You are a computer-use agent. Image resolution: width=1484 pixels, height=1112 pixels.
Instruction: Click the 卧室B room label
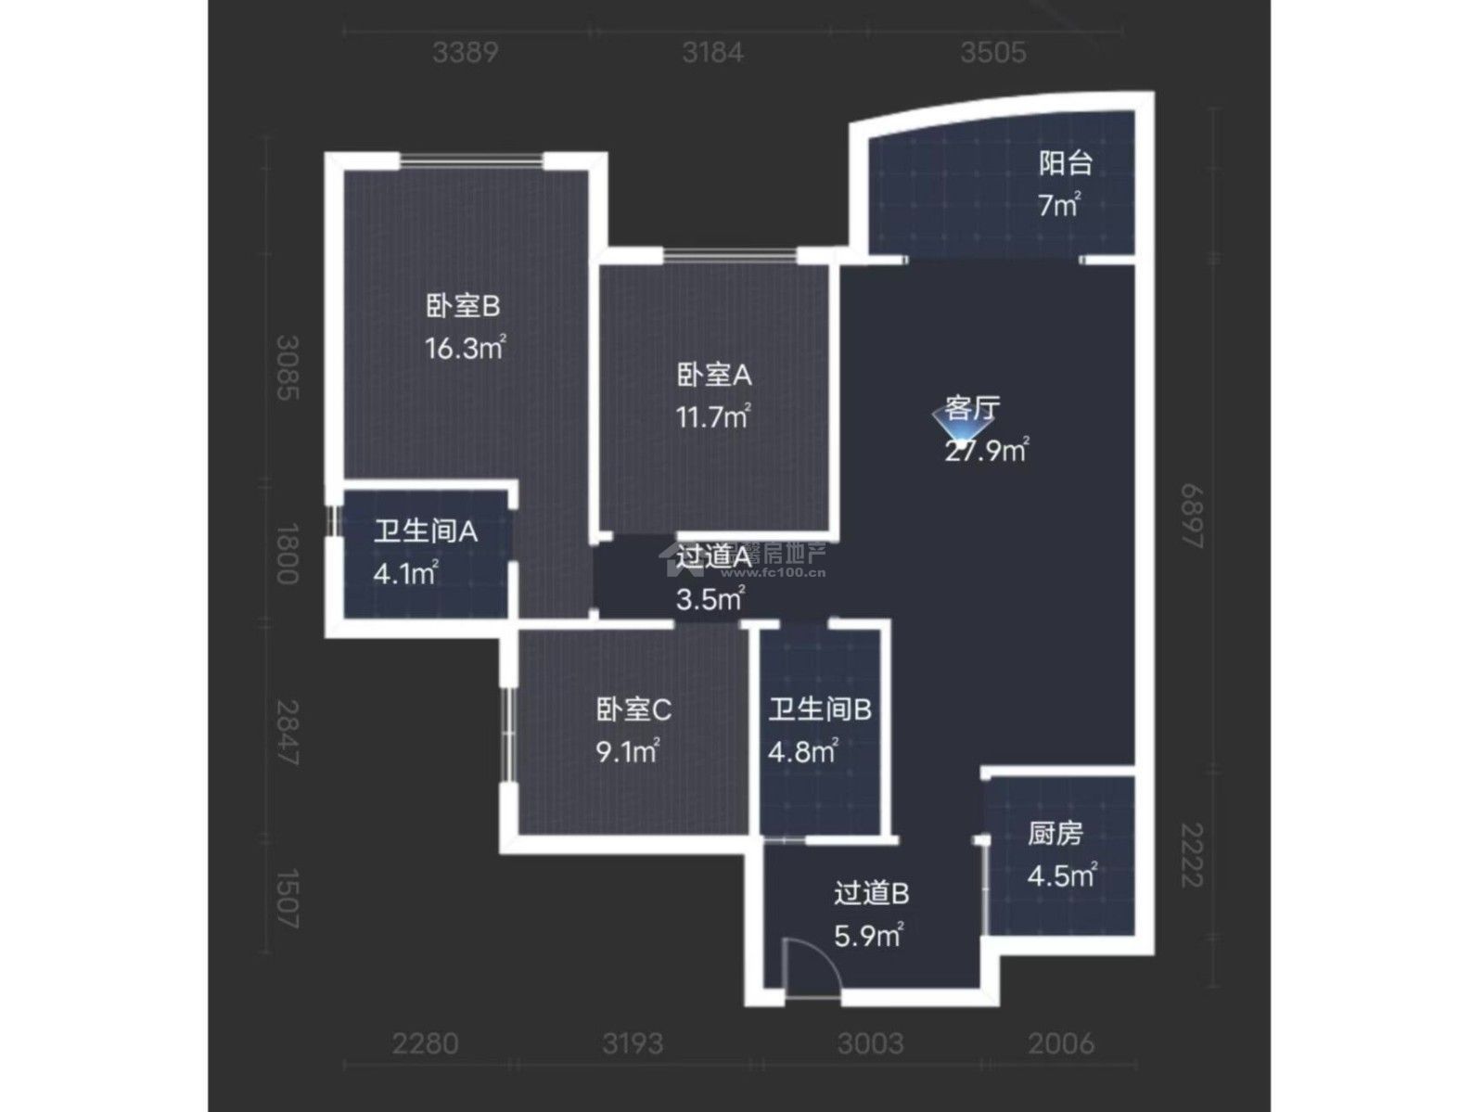[x=464, y=305]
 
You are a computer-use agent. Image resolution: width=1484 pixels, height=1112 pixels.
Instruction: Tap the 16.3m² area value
[x=464, y=349]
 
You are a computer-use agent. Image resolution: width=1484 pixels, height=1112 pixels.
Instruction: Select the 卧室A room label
[x=713, y=375]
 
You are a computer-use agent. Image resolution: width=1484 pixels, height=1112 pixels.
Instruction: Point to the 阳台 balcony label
[x=1065, y=163]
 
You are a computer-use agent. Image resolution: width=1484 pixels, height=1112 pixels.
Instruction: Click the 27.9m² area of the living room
[x=987, y=452]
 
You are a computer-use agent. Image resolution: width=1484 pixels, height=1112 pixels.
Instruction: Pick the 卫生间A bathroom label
[x=426, y=531]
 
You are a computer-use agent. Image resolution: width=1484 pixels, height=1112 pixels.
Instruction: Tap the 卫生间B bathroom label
[x=820, y=709]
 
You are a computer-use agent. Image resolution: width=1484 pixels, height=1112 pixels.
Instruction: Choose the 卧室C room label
[x=633, y=709]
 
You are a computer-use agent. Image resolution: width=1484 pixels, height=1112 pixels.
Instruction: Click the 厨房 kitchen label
[x=1055, y=834]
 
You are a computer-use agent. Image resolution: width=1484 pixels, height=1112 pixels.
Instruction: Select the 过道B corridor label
[x=871, y=893]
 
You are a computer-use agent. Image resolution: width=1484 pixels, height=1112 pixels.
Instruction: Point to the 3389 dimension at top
[x=465, y=52]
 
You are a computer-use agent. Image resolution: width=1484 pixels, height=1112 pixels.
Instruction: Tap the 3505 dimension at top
[x=992, y=52]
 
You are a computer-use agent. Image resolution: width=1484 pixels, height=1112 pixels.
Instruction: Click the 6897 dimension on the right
[x=1192, y=516]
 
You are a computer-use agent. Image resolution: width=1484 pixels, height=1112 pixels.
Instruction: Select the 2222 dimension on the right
[x=1192, y=855]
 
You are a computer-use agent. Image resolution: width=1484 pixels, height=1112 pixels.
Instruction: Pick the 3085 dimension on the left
[x=288, y=367]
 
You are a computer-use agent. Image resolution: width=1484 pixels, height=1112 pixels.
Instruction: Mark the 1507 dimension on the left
[x=288, y=898]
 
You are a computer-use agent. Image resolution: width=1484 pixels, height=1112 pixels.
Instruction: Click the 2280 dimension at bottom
[x=425, y=1044]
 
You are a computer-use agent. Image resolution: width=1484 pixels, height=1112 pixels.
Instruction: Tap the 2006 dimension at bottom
[x=1061, y=1044]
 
